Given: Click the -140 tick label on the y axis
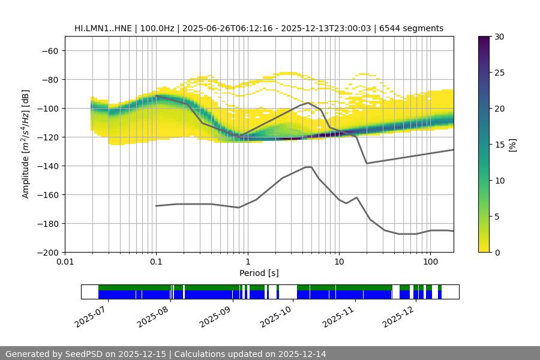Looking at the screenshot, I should click(49, 166).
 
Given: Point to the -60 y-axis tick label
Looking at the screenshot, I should click(50, 51).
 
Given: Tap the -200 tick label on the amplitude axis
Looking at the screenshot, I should click(49, 253).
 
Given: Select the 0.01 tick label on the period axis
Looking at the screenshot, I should click(65, 262).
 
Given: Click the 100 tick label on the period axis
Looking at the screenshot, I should click(430, 262).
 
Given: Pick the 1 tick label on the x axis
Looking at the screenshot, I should click(247, 262).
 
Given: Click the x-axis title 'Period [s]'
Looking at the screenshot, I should click(259, 273).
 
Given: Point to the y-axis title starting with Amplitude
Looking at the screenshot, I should click(26, 144).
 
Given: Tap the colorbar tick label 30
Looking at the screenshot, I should click(499, 37).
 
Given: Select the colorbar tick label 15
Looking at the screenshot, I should click(499, 145).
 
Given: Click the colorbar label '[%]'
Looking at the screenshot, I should click(512, 145).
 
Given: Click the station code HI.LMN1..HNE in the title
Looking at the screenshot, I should click(104, 28).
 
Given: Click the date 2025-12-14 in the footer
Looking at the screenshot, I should click(302, 354).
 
